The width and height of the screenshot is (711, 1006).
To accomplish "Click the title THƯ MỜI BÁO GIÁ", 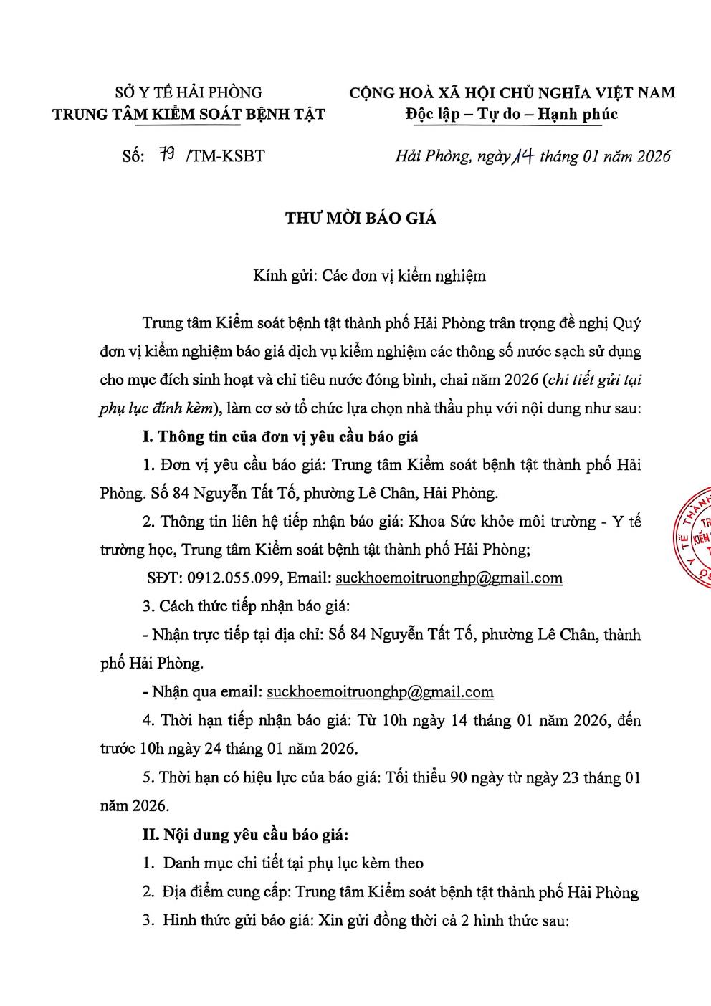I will click(361, 219).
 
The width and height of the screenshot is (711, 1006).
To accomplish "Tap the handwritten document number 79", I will click(169, 155).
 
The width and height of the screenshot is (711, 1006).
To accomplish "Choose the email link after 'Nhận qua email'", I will click(380, 691).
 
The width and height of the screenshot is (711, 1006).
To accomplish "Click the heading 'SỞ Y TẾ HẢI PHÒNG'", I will click(189, 92).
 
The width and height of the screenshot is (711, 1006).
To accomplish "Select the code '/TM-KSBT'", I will click(224, 155).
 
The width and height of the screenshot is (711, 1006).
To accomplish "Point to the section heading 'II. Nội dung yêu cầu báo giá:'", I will click(246, 835).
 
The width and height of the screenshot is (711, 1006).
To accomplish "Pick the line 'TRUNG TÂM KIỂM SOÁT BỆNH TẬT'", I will click(189, 114).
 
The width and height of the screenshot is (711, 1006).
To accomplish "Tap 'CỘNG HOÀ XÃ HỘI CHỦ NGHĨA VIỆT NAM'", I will click(512, 92).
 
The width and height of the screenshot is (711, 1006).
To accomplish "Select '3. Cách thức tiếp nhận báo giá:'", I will click(246, 606).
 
